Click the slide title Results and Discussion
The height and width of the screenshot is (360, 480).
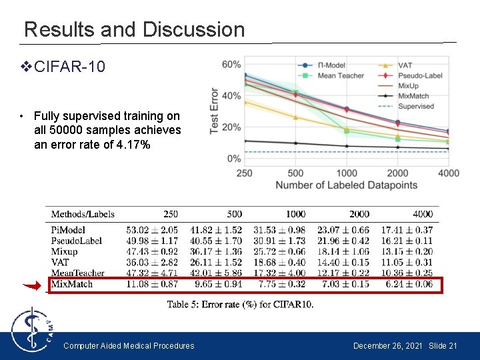click(x=134, y=29)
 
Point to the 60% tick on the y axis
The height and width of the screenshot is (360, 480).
click(x=231, y=65)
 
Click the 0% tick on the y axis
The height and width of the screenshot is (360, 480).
click(x=234, y=159)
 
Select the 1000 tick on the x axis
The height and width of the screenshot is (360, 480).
click(x=345, y=173)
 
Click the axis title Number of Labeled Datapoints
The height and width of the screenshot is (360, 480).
click(x=346, y=185)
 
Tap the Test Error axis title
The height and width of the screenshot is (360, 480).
click(x=215, y=111)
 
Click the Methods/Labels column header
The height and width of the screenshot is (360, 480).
click(x=83, y=214)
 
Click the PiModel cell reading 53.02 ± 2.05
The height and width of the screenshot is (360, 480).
click(x=152, y=230)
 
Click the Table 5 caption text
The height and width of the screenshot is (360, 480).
click(x=240, y=305)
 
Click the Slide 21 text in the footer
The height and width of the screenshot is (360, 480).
click(x=443, y=345)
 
